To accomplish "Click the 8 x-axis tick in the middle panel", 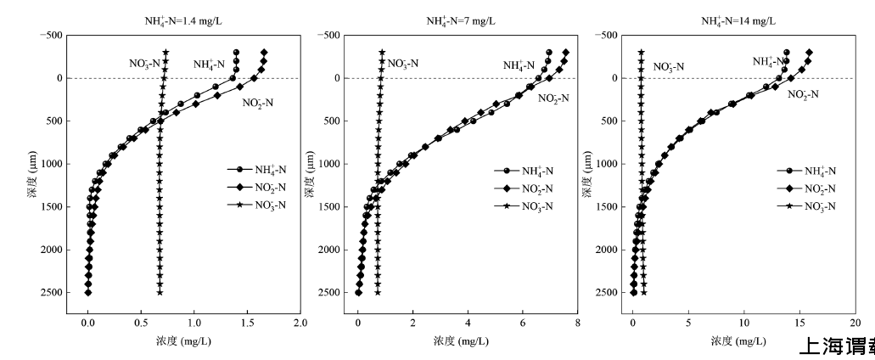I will [576, 323].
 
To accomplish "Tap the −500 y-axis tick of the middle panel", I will [328, 35].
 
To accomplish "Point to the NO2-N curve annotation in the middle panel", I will [553, 98].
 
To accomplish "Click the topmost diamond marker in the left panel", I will [265, 52].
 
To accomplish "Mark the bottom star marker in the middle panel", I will [378, 292].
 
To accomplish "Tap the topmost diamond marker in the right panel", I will [810, 52].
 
